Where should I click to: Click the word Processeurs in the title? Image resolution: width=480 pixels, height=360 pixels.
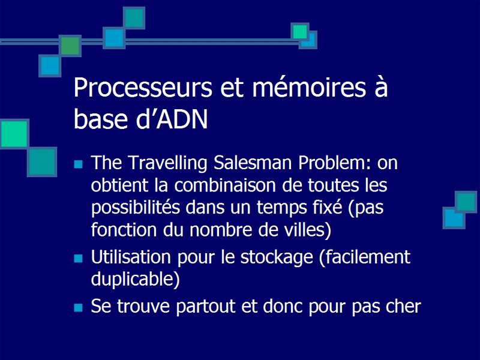pos(143,88)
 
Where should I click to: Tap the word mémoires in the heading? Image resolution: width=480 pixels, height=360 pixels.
pos(309,87)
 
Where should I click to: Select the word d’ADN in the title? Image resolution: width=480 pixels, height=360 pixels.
pos(172,119)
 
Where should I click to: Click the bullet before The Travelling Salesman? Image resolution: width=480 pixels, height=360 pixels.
pos(79,164)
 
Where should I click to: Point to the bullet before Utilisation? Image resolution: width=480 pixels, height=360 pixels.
pos(79,259)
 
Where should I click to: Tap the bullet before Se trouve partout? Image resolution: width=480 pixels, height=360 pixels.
pos(79,307)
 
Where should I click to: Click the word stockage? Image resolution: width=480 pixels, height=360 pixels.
pos(277,258)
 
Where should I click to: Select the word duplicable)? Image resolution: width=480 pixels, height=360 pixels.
pos(136,280)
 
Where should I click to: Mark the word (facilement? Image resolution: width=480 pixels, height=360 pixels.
pos(365,257)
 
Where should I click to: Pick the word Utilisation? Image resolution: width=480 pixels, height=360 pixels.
pos(131,257)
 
